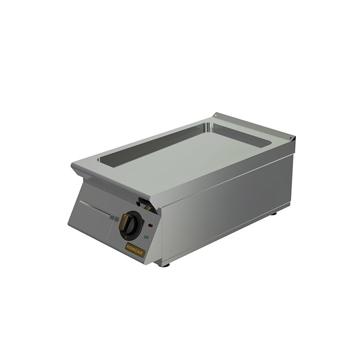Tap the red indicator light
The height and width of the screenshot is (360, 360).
(150, 225)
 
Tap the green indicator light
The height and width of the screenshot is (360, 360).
(146, 237)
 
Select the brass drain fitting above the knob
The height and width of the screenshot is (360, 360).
(147, 208)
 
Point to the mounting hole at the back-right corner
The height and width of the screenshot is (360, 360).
(290, 138)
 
